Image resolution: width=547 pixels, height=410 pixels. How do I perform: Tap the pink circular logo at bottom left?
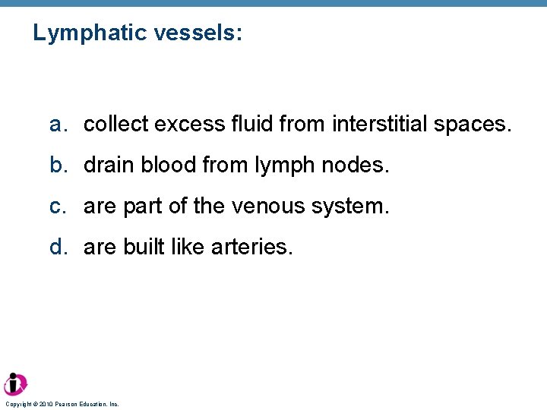[15, 384]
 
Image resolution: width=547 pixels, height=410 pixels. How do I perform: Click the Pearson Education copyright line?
[62, 405]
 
